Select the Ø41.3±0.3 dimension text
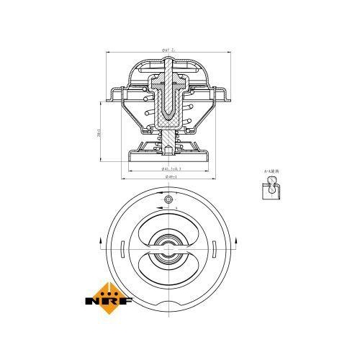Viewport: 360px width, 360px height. click(x=167, y=168)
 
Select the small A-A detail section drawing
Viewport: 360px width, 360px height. click(x=270, y=189)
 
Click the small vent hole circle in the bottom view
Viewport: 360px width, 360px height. click(x=167, y=199)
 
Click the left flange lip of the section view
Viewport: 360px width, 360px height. click(x=114, y=94)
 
